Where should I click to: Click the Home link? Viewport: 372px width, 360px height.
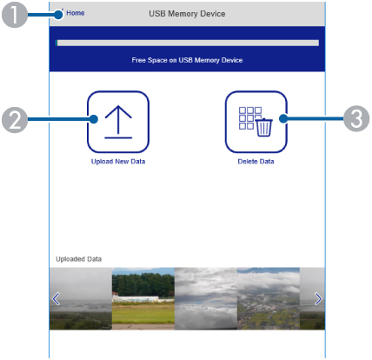(76, 13)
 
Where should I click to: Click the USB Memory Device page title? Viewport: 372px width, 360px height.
(187, 14)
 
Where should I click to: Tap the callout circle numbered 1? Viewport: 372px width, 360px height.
(15, 15)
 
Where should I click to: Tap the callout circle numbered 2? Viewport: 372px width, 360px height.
(15, 120)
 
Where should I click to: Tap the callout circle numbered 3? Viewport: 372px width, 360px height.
(356, 118)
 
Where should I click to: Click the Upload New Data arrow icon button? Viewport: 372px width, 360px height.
(118, 122)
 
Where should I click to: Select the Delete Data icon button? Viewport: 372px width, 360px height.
(256, 122)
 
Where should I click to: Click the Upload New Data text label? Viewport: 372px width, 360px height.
(118, 162)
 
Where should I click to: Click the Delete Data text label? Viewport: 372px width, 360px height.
(256, 162)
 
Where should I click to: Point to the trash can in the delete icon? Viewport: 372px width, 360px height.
(263, 127)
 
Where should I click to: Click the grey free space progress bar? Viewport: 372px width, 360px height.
(188, 43)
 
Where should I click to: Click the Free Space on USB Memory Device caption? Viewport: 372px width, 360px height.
(187, 60)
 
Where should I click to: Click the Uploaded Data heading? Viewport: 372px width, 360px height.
(78, 259)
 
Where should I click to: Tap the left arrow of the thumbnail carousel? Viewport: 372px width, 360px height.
(56, 299)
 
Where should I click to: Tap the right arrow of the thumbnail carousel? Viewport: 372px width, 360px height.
(318, 299)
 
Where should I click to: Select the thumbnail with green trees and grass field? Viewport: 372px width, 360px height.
(143, 298)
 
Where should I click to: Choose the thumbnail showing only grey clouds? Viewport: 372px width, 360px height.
(206, 298)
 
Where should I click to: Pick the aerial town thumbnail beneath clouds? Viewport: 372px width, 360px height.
(269, 298)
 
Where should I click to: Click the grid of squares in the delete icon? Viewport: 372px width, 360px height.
(249, 117)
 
